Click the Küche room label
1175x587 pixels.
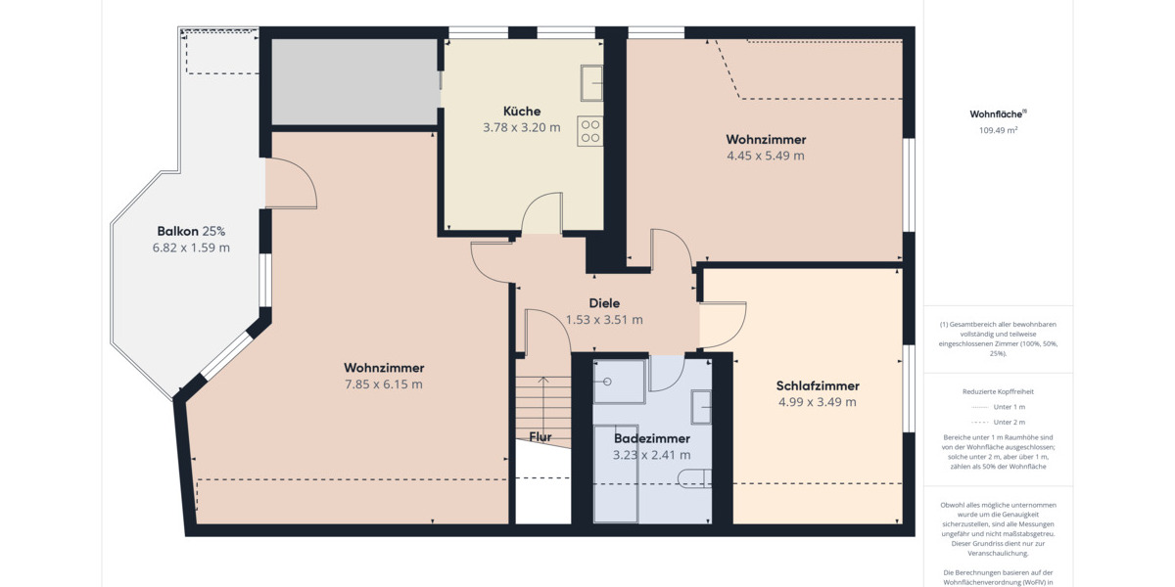click(521, 111)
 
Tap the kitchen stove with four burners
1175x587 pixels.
click(589, 131)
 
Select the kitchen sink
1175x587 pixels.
click(591, 83)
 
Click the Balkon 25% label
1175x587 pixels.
click(191, 231)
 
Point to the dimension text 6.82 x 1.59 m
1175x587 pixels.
click(191, 248)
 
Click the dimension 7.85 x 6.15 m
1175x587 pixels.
click(383, 384)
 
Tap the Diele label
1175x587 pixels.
click(604, 303)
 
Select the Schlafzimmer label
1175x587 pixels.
click(817, 385)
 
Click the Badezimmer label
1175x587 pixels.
click(651, 438)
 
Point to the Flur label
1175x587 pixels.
click(540, 436)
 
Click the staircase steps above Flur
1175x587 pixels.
click(542, 401)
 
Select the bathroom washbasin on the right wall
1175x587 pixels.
click(702, 405)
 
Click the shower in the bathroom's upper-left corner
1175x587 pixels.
click(618, 382)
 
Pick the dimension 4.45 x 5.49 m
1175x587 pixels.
click(765, 156)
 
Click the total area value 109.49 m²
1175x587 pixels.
click(998, 130)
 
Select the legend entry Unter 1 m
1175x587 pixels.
click(998, 406)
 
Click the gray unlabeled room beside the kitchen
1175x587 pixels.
click(353, 82)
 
